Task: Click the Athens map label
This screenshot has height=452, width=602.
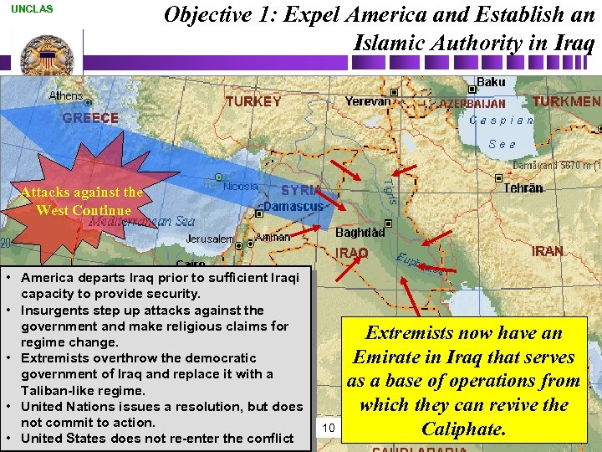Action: pyautogui.click(x=66, y=95)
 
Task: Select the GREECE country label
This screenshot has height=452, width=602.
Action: pyautogui.click(x=90, y=118)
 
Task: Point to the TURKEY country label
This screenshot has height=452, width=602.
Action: pyautogui.click(x=253, y=101)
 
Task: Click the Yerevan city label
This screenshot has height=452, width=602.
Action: pyautogui.click(x=368, y=100)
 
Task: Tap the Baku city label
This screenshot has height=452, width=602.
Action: pyautogui.click(x=491, y=83)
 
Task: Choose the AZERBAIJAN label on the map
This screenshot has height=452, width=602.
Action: pyautogui.click(x=473, y=104)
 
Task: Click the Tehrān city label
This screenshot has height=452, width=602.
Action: pyautogui.click(x=523, y=188)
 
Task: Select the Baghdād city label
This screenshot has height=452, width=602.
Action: pyautogui.click(x=360, y=232)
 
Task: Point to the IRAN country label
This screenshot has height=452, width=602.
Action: pyautogui.click(x=547, y=251)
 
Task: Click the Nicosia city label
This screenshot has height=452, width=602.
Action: pyautogui.click(x=241, y=186)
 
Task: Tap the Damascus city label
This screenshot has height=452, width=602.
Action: pyautogui.click(x=293, y=206)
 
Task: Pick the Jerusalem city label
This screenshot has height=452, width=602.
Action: pyautogui.click(x=210, y=239)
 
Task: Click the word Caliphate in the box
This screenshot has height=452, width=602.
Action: pyautogui.click(x=463, y=429)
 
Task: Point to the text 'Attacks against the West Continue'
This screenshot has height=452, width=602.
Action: pyautogui.click(x=82, y=201)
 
